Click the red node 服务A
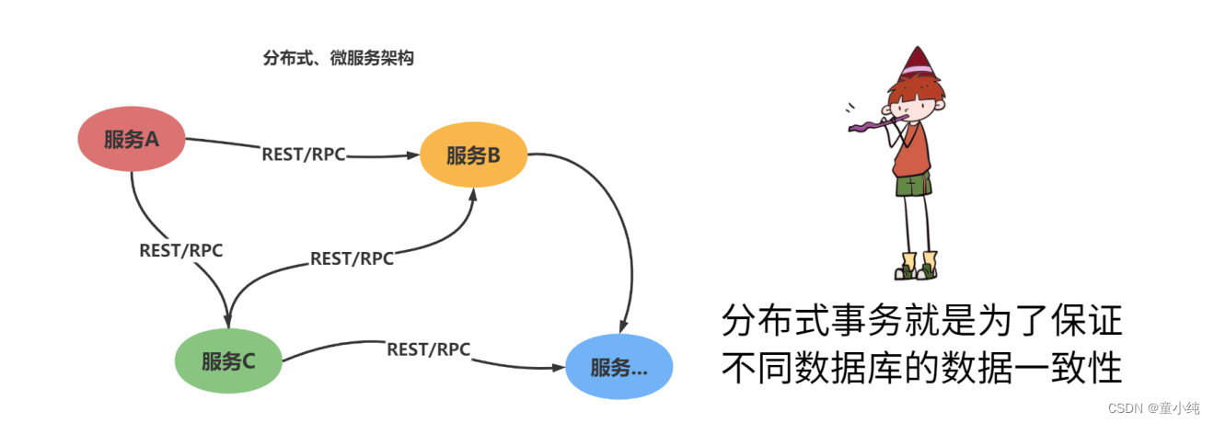[131, 141]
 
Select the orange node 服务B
[474, 155]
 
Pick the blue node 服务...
[619, 368]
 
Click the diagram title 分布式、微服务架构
[339, 59]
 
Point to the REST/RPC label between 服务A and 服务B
[304, 154]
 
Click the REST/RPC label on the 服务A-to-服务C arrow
[181, 249]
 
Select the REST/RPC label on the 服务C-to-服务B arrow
[352, 258]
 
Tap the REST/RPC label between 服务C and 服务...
[428, 349]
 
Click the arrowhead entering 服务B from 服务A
[413, 156]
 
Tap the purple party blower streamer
[865, 124]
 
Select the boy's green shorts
[912, 185]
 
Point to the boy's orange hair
[906, 92]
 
